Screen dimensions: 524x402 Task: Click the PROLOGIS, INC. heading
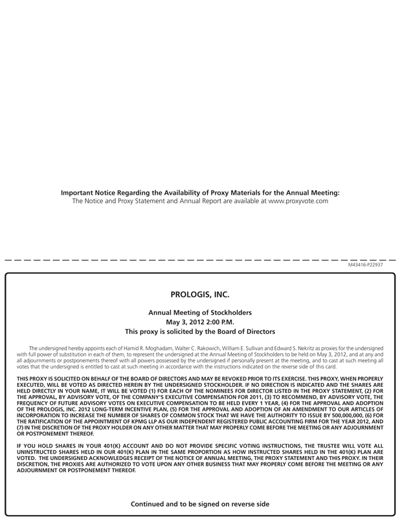[x=200, y=294]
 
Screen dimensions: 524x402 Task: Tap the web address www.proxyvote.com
[x=298, y=201]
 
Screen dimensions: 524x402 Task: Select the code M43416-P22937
[x=366, y=266]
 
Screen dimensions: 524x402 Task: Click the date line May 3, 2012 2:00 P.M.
[x=200, y=322]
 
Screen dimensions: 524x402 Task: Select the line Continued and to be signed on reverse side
[x=200, y=503]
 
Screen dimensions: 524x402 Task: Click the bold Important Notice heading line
[x=200, y=192]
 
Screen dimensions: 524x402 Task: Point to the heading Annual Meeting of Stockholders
[x=200, y=312]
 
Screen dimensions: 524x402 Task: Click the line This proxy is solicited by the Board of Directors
[x=200, y=331]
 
